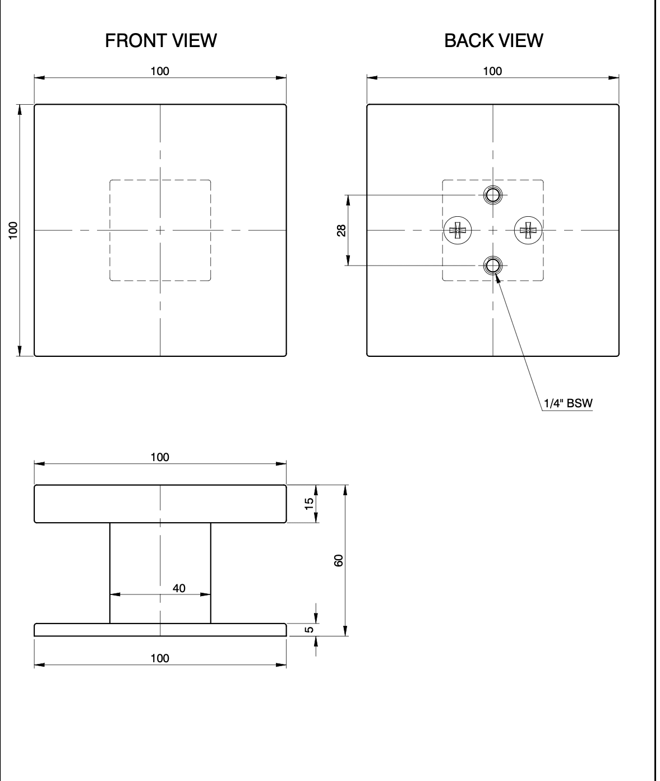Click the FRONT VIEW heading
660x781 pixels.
160,40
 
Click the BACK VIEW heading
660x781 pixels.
493,40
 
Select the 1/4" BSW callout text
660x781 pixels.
568,403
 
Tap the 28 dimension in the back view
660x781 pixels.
341,230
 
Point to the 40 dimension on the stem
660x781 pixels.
179,588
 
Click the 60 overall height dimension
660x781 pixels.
339,561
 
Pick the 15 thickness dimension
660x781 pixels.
309,504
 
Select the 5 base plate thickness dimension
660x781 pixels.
309,630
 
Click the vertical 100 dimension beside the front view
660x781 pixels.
13,230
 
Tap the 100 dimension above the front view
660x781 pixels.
160,71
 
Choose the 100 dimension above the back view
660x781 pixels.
493,71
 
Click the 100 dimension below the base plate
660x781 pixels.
160,658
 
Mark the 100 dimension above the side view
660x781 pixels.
160,457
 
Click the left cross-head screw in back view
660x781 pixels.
458,230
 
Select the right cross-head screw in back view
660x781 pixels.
528,230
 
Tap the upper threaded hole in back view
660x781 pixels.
493,195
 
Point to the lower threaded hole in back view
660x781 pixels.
493,266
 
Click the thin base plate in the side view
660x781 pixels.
160,630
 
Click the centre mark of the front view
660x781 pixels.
160,230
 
